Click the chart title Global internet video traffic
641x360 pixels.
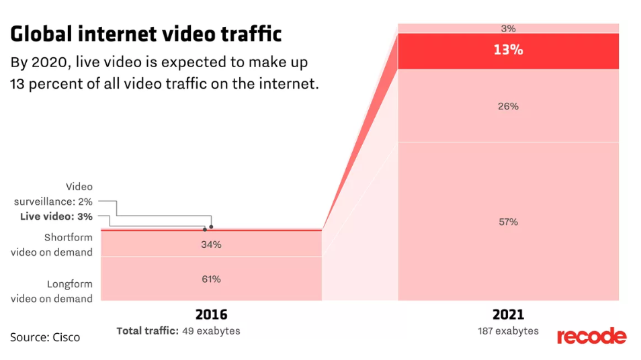[146, 34]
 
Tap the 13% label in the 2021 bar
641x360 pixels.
[508, 50]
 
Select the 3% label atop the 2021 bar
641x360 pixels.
[508, 28]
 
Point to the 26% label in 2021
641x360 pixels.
[508, 106]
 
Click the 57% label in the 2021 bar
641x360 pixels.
[508, 222]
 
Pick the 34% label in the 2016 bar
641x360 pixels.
[211, 244]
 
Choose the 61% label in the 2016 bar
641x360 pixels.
[211, 279]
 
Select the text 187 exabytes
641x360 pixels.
[508, 331]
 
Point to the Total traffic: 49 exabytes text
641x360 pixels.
[178, 331]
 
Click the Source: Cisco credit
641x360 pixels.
[45, 337]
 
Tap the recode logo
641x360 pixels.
[591, 336]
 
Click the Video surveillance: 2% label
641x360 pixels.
[54, 193]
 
